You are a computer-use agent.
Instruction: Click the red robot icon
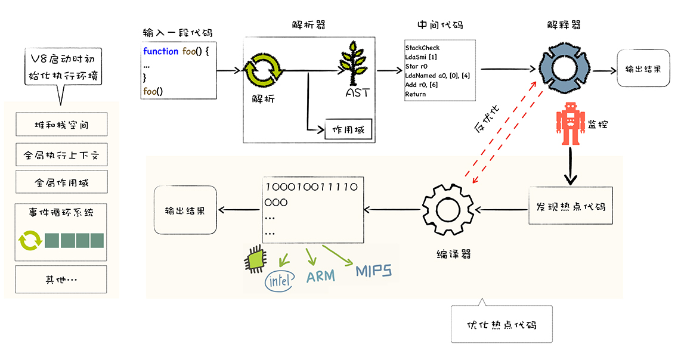click(x=571, y=123)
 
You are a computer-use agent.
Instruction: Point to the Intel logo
click(x=279, y=281)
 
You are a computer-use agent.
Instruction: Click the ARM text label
click(x=320, y=276)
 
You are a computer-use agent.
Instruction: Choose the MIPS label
click(x=374, y=272)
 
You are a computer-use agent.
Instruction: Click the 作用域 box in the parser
click(x=348, y=130)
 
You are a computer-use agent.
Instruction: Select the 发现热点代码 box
click(x=570, y=207)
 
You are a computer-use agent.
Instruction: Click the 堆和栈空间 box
click(x=61, y=126)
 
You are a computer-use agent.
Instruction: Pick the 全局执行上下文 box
click(x=61, y=156)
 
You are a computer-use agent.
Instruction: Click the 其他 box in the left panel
click(x=61, y=279)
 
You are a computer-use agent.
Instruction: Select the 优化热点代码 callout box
click(x=501, y=325)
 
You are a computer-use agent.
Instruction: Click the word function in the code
click(x=160, y=51)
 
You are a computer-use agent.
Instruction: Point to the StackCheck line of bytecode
click(x=422, y=48)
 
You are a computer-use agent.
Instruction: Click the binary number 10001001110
click(x=311, y=187)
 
